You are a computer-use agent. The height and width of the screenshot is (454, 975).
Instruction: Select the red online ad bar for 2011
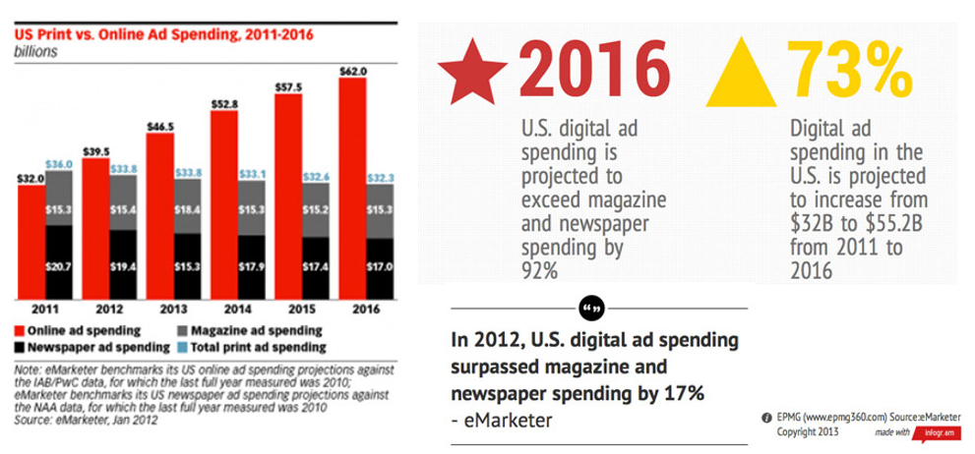31,240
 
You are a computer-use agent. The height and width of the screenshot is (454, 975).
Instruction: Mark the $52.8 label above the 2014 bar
223,103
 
